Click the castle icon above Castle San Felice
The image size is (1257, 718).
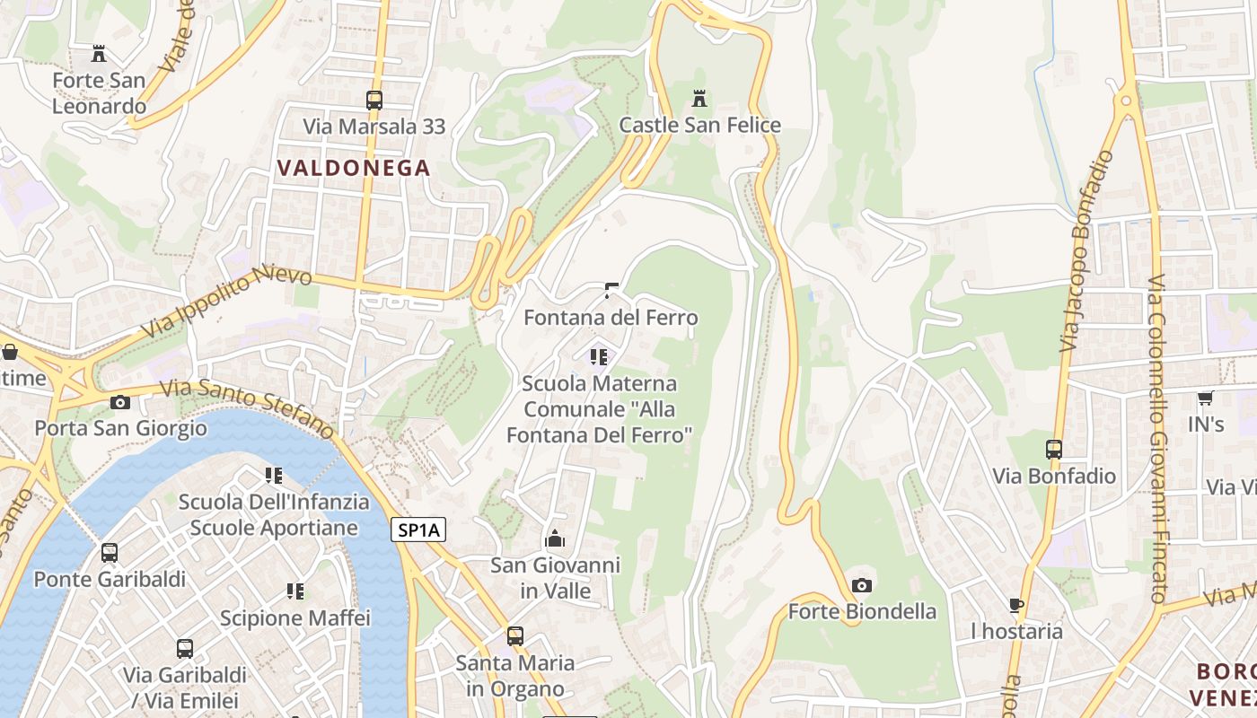point(699,98)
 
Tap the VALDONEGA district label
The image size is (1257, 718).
point(354,168)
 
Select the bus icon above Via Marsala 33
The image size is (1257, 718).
point(374,100)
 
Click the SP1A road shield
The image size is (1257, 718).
point(419,530)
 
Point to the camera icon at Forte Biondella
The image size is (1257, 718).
point(862,586)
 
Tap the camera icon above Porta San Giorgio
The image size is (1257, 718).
point(120,402)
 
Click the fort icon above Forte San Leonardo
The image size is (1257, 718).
point(99,54)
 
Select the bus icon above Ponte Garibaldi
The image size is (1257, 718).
point(110,553)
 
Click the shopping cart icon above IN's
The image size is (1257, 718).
point(1205,398)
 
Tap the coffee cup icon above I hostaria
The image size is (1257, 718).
point(1016,605)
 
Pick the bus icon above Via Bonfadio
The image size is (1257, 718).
point(1054,449)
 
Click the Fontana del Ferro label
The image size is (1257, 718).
point(611,318)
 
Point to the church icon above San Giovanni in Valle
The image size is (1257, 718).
point(555,539)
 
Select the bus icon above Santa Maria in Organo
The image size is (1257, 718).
point(515,636)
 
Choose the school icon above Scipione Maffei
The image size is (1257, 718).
point(295,591)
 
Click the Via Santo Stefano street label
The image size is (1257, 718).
point(247,409)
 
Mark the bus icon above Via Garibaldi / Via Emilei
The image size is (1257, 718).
point(185,648)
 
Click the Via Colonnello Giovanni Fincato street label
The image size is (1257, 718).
point(1157,440)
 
